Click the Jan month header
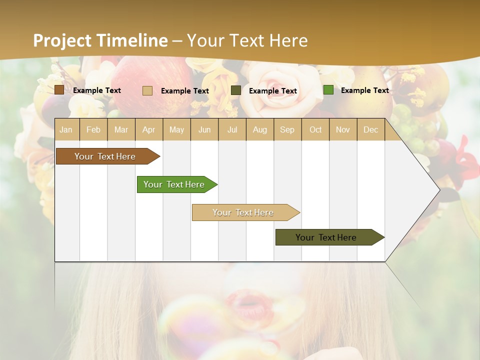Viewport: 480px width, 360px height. [x=66, y=129]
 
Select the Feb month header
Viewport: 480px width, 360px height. [x=93, y=129]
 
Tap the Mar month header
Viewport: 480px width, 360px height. [x=121, y=129]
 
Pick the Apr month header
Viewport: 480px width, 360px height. [x=149, y=129]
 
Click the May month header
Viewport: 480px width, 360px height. [x=176, y=129]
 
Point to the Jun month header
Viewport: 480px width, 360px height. [x=204, y=129]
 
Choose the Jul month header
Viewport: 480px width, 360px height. [x=232, y=129]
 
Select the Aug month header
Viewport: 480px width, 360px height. [x=260, y=129]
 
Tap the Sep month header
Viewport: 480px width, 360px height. [x=287, y=129]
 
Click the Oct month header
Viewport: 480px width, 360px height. [x=315, y=129]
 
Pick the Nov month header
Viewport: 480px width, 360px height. [x=343, y=129]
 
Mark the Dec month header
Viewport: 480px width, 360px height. [x=371, y=129]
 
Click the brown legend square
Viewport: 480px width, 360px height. [x=59, y=90]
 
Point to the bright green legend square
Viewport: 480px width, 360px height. [x=328, y=90]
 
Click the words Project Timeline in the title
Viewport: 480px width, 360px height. [x=100, y=40]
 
